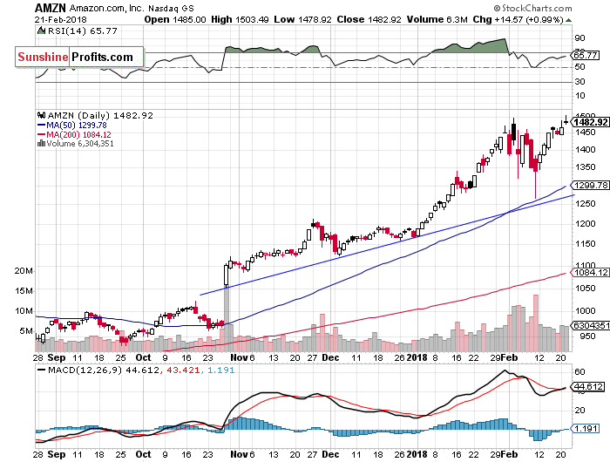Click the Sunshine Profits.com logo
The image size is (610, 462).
coord(78,57)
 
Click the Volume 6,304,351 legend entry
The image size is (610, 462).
coord(77,144)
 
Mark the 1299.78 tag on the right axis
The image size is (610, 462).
coord(585,186)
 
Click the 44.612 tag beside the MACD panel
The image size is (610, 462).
coord(585,386)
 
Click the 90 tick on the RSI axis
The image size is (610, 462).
coord(579,38)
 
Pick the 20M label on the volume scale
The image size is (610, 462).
coord(24,271)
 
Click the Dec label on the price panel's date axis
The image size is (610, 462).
coord(330,357)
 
